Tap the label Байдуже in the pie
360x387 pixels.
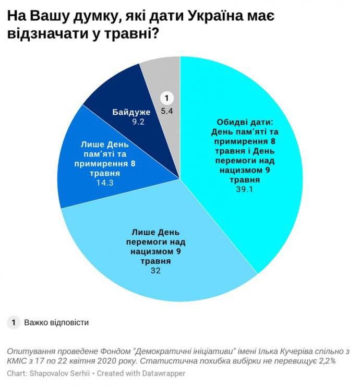tap(131, 112)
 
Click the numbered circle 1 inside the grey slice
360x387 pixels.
tap(166, 98)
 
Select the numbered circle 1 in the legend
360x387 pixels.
tap(14, 322)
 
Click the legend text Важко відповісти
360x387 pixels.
tap(56, 322)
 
